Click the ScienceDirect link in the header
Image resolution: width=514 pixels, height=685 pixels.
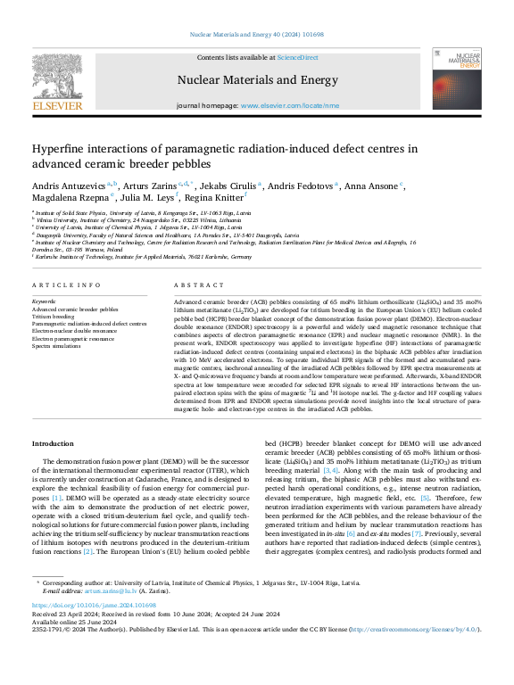point(297,57)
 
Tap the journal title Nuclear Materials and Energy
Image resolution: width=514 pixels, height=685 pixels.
point(257,79)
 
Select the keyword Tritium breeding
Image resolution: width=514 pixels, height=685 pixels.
point(54,316)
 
